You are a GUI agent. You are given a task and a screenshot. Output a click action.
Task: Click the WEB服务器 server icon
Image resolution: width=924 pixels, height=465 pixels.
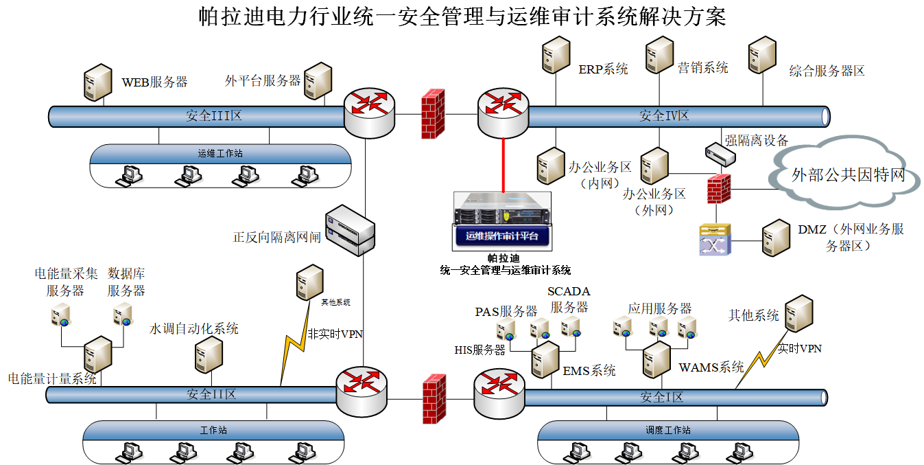point(98,82)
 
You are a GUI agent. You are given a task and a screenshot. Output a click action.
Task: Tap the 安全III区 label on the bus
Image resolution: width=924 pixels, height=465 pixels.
point(214,115)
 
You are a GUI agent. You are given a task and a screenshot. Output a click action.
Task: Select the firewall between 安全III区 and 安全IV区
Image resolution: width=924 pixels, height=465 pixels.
point(433,113)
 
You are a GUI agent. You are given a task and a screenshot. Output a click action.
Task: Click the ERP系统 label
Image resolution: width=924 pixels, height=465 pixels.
point(603,69)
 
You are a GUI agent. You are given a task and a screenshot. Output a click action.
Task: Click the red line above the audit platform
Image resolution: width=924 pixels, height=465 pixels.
point(504,166)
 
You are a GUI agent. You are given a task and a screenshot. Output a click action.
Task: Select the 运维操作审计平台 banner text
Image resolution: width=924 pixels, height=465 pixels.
point(502,236)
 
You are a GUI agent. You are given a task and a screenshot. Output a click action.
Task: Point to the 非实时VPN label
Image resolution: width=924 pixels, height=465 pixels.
point(335,334)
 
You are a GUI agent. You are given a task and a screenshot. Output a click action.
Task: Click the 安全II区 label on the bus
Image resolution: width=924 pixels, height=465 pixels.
point(211,394)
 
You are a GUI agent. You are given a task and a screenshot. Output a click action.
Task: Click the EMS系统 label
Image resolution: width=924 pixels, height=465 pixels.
point(589,371)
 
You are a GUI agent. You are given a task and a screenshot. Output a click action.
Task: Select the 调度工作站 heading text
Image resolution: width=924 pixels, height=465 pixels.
point(667,430)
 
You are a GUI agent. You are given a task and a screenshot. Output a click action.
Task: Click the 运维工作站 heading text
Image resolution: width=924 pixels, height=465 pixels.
point(220,153)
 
